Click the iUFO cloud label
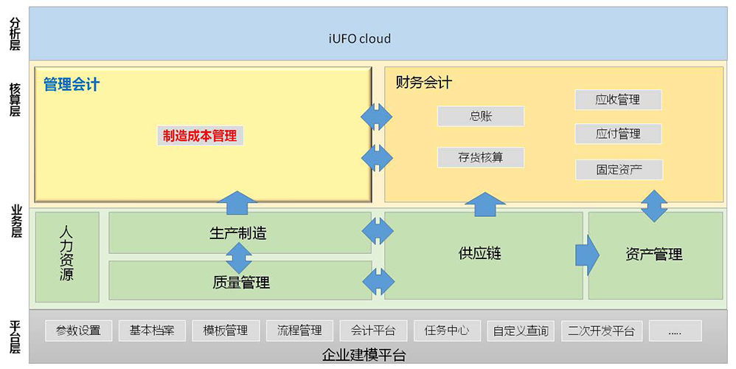click(360, 38)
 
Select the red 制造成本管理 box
click(200, 136)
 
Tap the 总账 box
click(481, 116)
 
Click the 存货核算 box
click(481, 157)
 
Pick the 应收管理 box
click(618, 100)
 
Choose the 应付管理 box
click(618, 134)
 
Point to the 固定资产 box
click(619, 170)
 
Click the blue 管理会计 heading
click(72, 85)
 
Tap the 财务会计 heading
click(424, 83)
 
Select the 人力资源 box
click(67, 257)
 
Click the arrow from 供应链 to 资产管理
click(588, 255)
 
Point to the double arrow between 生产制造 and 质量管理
click(239, 258)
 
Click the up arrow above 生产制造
click(237, 203)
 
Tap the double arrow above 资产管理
click(654, 206)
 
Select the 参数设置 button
click(78, 331)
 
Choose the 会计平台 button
click(373, 331)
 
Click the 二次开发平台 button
click(601, 331)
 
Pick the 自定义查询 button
click(521, 331)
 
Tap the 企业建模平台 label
click(364, 354)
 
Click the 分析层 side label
click(15, 34)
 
